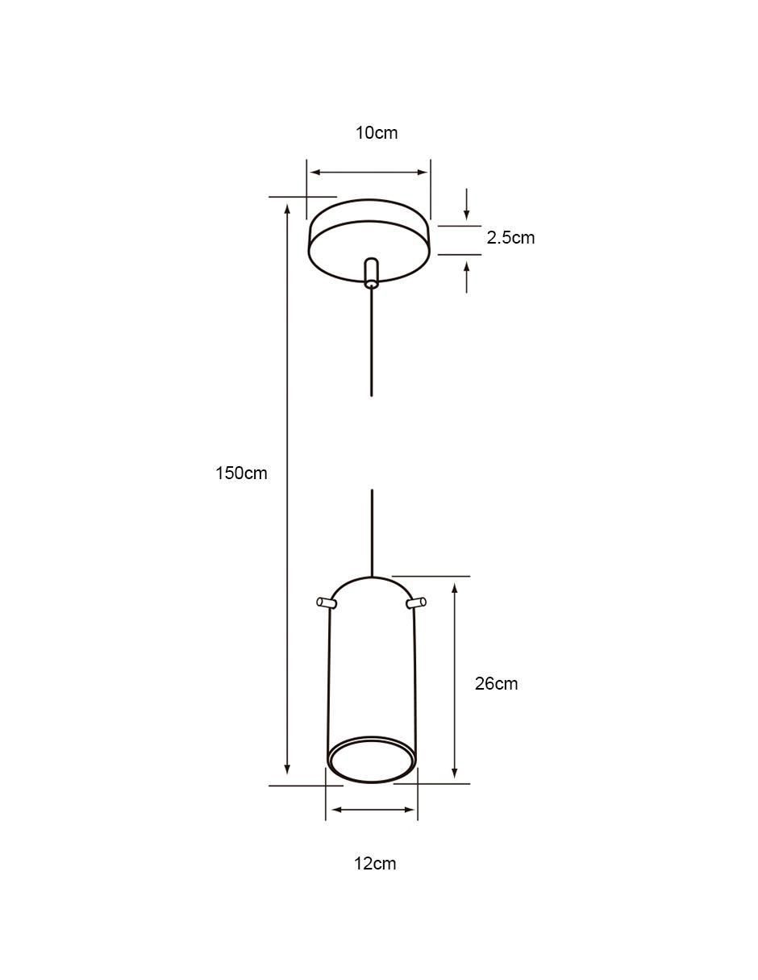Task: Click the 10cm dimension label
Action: click(x=377, y=133)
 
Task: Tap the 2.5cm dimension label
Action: click(x=510, y=238)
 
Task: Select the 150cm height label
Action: click(x=241, y=473)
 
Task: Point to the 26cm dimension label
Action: click(x=496, y=684)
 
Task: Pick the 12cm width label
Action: click(x=375, y=864)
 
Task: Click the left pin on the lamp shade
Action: click(x=327, y=603)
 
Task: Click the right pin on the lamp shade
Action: click(x=416, y=603)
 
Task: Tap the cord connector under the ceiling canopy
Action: click(x=371, y=272)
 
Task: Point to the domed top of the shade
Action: click(x=371, y=578)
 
